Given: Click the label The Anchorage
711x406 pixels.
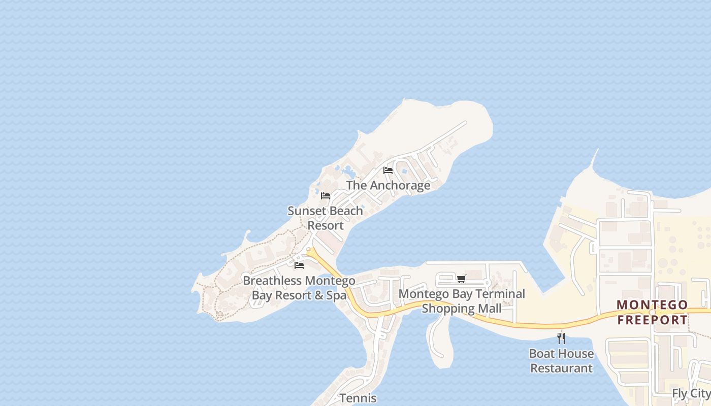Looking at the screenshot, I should tap(388, 185).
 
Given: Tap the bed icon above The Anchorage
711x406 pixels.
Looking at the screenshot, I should tap(388, 171).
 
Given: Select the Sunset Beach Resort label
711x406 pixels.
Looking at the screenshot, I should tap(326, 218).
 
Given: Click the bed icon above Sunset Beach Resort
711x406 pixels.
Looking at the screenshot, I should tap(326, 196).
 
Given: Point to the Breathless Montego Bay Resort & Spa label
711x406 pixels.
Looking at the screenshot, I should tap(299, 288).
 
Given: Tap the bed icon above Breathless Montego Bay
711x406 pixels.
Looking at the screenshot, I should tap(299, 265).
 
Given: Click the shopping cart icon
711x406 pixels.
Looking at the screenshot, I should tap(461, 278).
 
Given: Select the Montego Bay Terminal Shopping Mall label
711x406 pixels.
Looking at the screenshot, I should tap(462, 301).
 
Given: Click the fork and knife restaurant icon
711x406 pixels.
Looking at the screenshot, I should tap(561, 338).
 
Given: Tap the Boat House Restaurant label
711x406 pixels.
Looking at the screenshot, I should tap(561, 361).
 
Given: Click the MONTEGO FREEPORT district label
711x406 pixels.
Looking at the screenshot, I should tap(652, 313).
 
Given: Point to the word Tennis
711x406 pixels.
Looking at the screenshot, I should tap(358, 398).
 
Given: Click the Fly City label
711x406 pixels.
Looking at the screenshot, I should tap(691, 393).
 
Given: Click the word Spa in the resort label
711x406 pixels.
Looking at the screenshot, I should tap(336, 295).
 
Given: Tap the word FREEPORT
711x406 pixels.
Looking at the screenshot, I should tap(652, 320).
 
